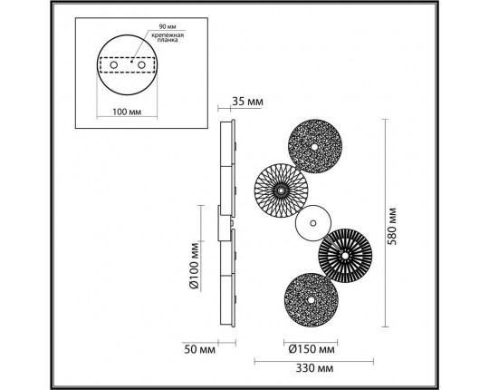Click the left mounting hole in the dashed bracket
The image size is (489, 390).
[x=114, y=66]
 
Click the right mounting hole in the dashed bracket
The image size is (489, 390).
[x=141, y=66]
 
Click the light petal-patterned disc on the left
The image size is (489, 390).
[x=281, y=190]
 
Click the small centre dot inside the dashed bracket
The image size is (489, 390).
[x=129, y=65]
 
